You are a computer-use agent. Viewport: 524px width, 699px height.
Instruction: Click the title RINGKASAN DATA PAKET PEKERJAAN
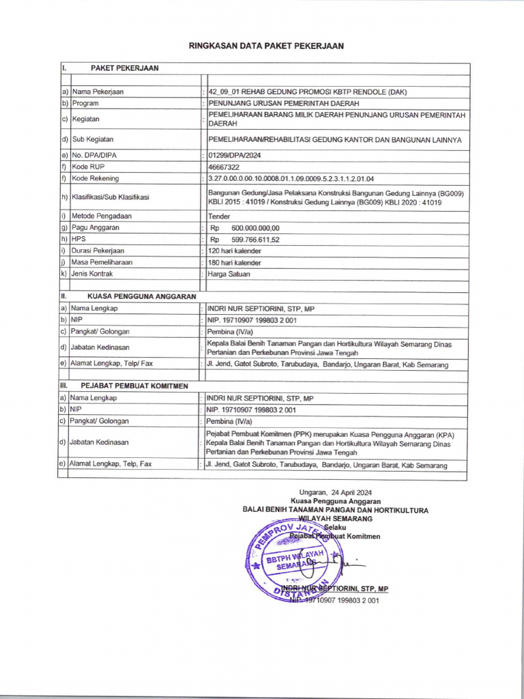266,46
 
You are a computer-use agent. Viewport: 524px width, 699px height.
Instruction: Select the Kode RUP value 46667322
224,167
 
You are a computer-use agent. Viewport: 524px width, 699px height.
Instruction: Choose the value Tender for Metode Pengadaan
219,216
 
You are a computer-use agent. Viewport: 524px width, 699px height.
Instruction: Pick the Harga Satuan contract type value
229,274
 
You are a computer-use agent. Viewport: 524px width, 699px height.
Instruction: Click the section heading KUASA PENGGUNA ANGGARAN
141,296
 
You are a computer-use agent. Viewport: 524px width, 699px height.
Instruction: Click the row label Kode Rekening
95,179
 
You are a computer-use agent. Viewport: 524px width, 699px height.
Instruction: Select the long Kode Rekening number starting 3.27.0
291,179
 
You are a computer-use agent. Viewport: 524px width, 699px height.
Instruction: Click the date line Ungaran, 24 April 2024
336,492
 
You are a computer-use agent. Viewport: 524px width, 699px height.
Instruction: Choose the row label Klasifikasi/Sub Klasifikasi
110,197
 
